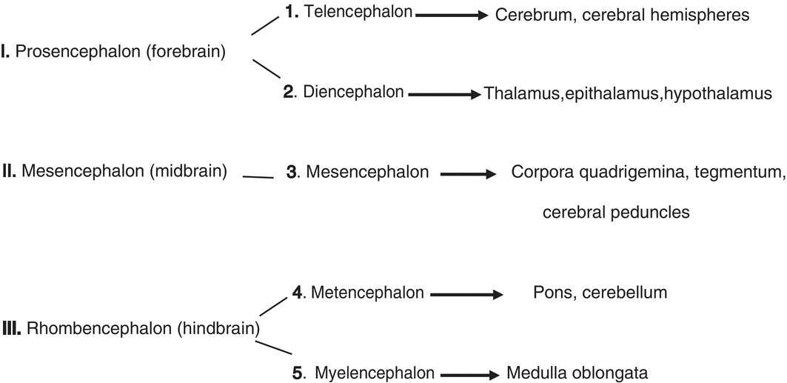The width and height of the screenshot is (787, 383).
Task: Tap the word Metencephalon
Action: click(367, 293)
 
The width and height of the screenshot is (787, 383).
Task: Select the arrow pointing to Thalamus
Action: click(444, 94)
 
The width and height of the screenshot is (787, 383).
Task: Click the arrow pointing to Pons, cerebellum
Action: click(466, 294)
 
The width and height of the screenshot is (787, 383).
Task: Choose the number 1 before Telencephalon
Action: click(290, 13)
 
